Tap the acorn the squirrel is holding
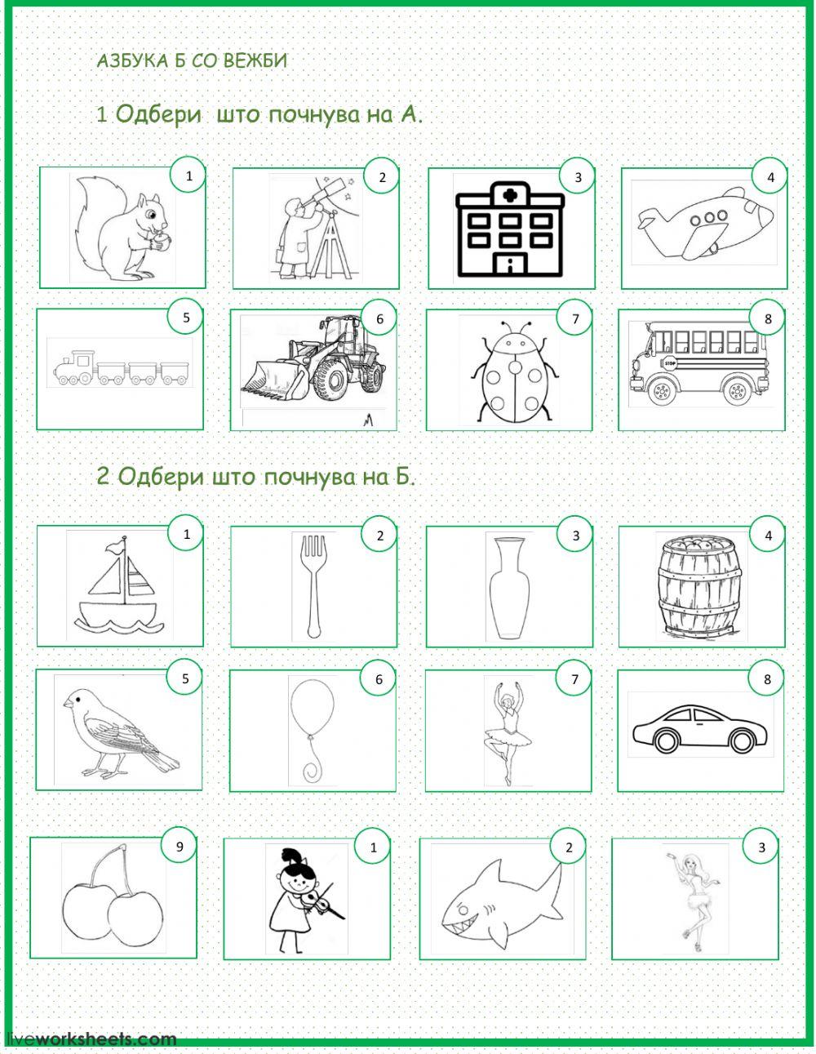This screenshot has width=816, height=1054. coord(164,242)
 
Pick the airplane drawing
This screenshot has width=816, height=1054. coord(703,224)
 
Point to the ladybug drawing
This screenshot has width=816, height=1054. coord(516,371)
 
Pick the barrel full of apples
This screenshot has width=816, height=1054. coord(699,587)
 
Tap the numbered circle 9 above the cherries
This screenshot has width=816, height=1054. coord(180,847)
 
